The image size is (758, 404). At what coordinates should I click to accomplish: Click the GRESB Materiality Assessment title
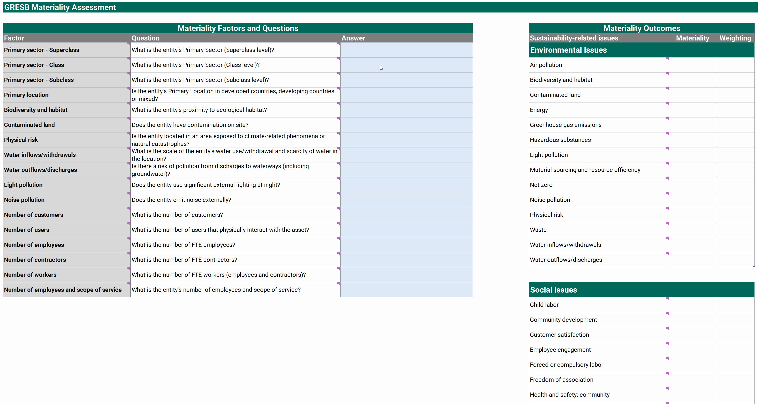pyautogui.click(x=60, y=7)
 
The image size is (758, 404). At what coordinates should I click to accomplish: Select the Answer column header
pyautogui.click(x=353, y=38)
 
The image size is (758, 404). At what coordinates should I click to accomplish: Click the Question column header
pyautogui.click(x=145, y=38)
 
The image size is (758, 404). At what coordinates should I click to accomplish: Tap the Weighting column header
pyautogui.click(x=735, y=38)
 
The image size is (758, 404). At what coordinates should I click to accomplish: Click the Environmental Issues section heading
pyautogui.click(x=568, y=50)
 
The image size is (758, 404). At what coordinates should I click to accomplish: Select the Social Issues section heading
pyautogui.click(x=553, y=290)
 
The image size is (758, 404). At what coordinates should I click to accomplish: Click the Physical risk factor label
pyautogui.click(x=21, y=140)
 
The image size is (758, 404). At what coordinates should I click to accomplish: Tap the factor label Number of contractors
pyautogui.click(x=35, y=260)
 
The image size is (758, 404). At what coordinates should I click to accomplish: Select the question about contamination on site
pyautogui.click(x=190, y=125)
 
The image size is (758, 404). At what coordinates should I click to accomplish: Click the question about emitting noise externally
pyautogui.click(x=181, y=200)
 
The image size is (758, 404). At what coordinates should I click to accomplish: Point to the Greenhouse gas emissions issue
pyautogui.click(x=566, y=125)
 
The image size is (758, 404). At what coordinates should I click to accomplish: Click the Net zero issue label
pyautogui.click(x=541, y=185)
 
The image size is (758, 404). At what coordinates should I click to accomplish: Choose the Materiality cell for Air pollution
pyautogui.click(x=692, y=65)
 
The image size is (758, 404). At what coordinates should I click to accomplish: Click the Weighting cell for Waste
pyautogui.click(x=735, y=230)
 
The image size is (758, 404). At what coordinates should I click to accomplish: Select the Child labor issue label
pyautogui.click(x=544, y=305)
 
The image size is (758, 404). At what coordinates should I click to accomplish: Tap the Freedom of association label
pyautogui.click(x=561, y=380)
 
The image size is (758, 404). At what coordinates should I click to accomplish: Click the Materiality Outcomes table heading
pyautogui.click(x=642, y=28)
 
